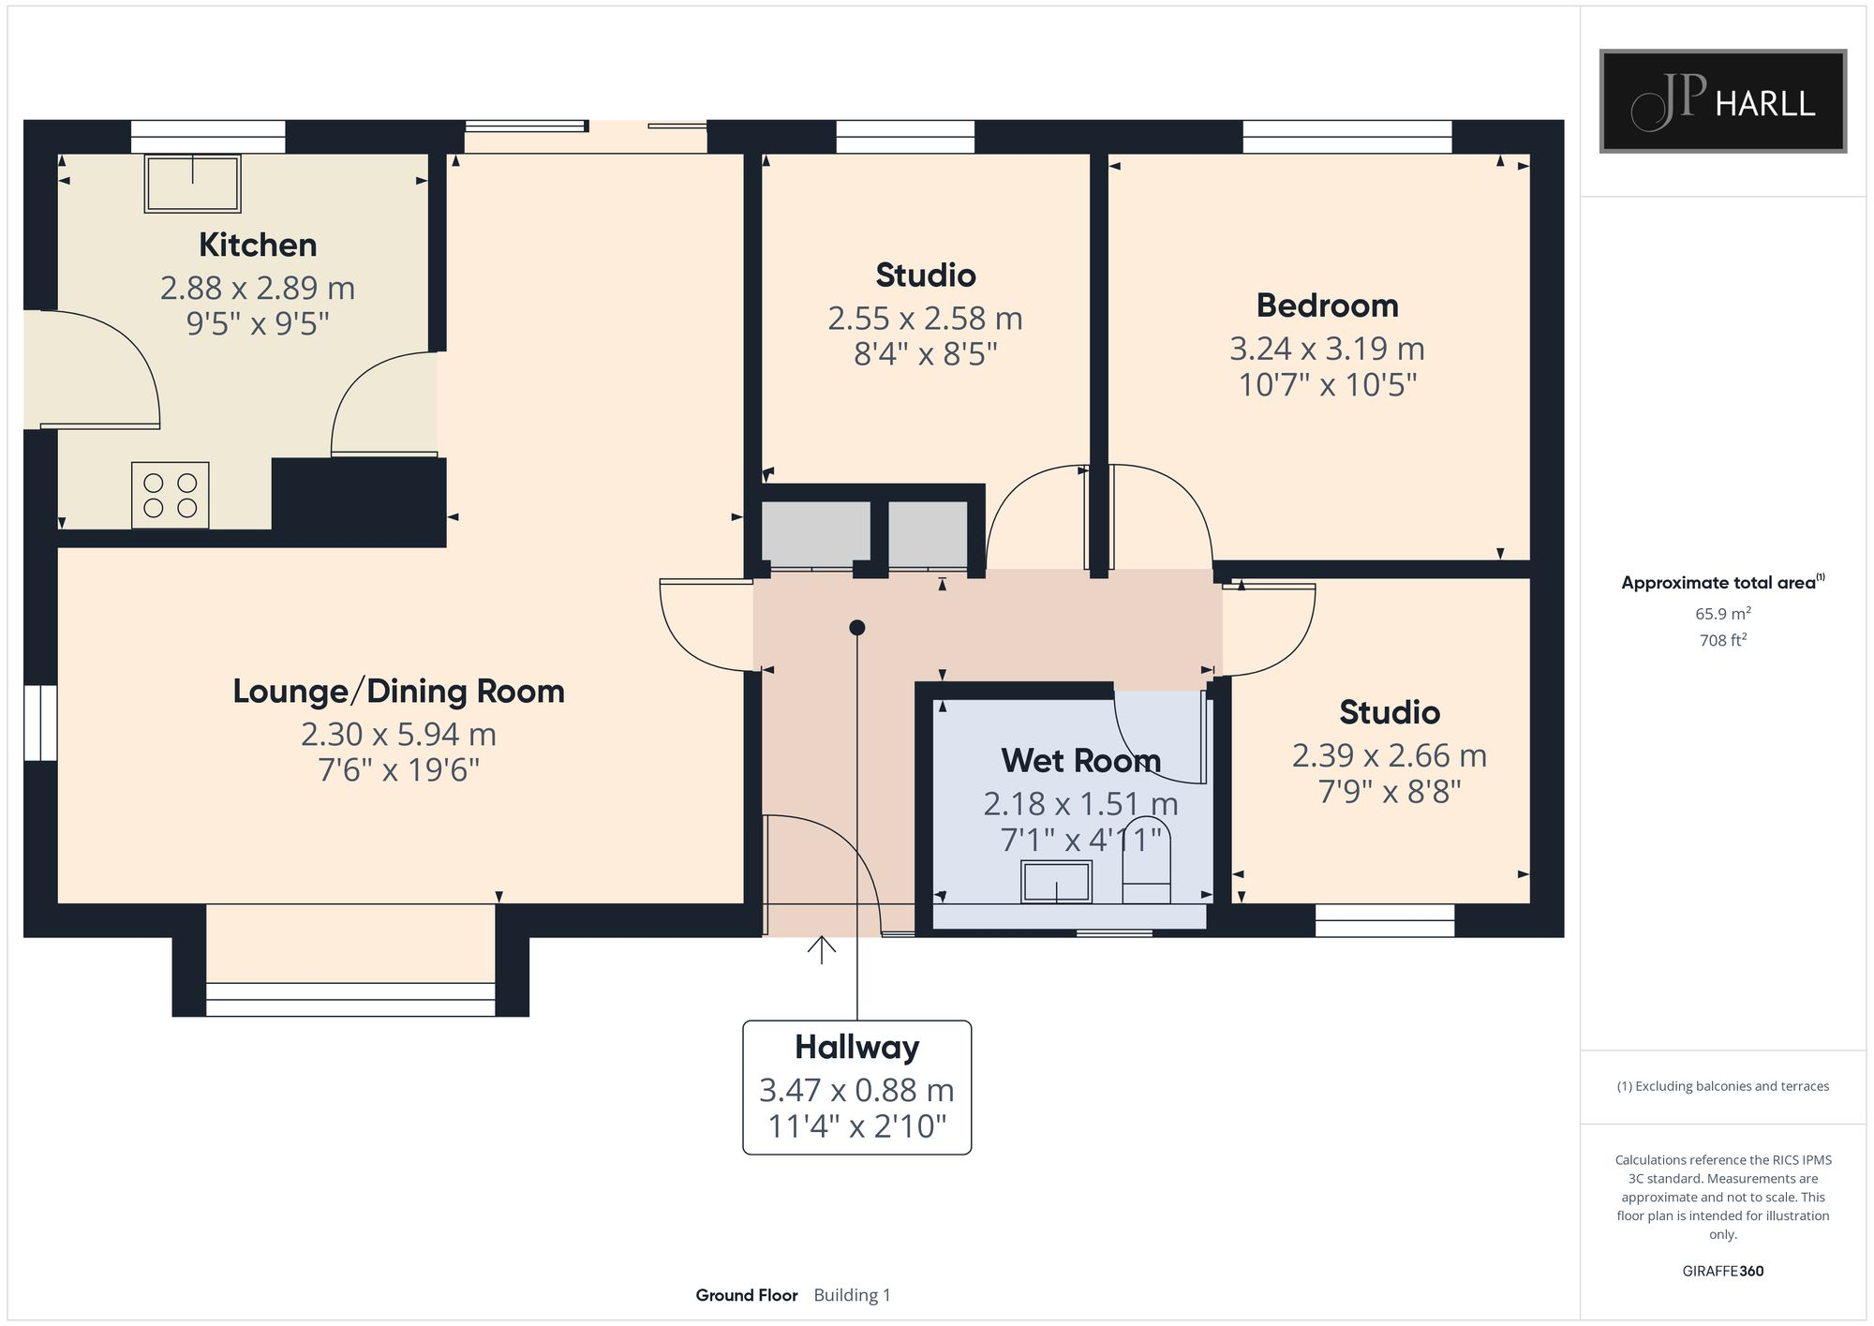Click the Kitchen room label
tap(258, 246)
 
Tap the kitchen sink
tap(192, 184)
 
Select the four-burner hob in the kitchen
tap(170, 496)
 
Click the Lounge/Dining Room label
tap(398, 692)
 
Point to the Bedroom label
tap(1327, 305)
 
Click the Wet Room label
tap(1080, 760)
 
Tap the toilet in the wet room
tap(1147, 862)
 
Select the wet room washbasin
tap(1056, 882)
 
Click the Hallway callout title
tap(856, 1047)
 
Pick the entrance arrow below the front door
tap(822, 949)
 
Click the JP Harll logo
tap(1723, 101)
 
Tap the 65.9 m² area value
tap(1723, 614)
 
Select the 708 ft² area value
tap(1723, 640)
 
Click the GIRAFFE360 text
tap(1723, 1271)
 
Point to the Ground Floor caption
tap(746, 1295)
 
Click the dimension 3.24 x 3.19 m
tap(1327, 349)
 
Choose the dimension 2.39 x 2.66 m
tap(1389, 755)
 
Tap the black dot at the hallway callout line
tap(856, 628)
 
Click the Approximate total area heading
tap(1723, 582)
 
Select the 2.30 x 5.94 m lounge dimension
tap(398, 734)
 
